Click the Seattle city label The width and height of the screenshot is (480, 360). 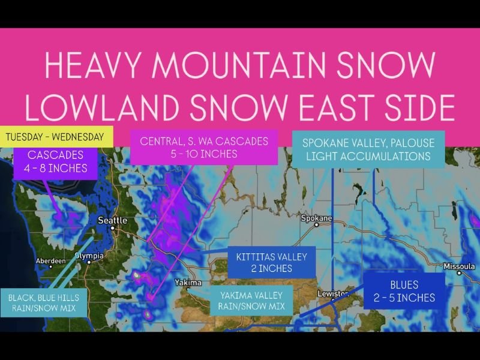(x=112, y=221)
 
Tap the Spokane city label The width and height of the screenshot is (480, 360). (x=317, y=218)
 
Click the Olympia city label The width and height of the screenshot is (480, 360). (x=89, y=256)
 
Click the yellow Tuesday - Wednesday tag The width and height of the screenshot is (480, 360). (x=56, y=136)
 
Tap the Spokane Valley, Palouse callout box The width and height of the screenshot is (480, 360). (x=368, y=149)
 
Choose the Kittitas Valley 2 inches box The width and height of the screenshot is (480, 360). (x=271, y=262)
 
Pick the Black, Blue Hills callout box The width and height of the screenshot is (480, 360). (x=44, y=303)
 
